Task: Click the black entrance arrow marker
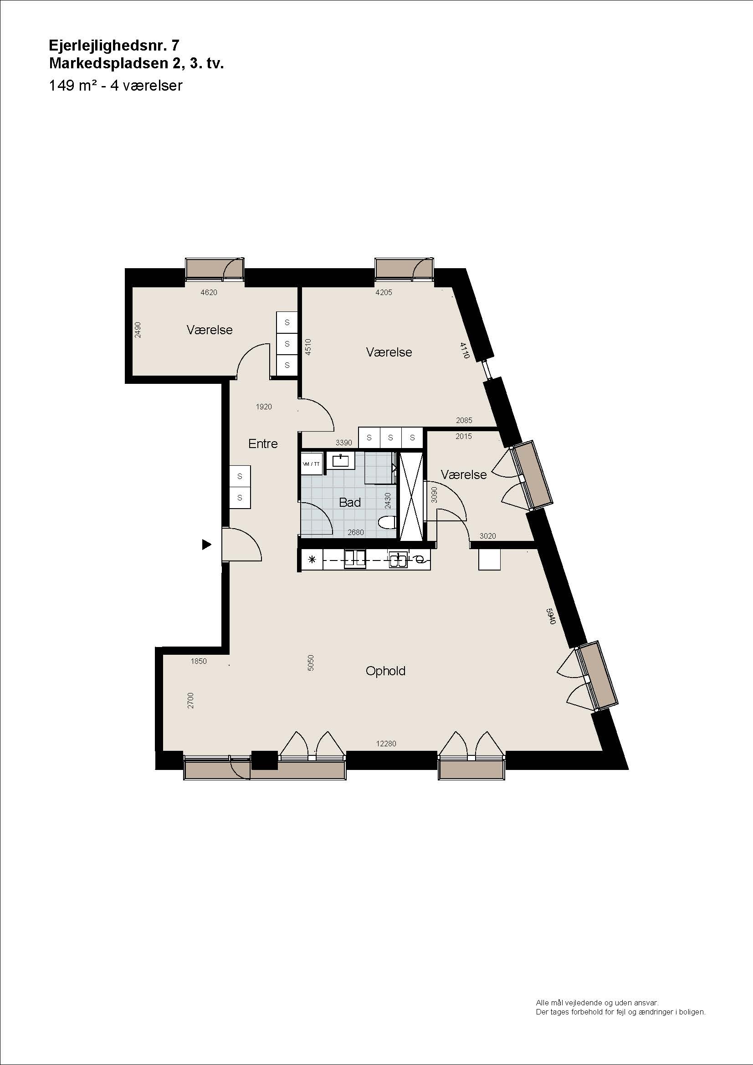(206, 545)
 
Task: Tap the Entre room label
(263, 444)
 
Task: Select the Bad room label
(350, 502)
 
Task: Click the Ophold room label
(385, 671)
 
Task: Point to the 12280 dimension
(386, 744)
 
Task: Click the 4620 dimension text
(209, 292)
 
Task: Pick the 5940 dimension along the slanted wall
(551, 616)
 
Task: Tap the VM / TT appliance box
(311, 464)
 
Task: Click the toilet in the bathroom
(386, 523)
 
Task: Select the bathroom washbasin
(342, 461)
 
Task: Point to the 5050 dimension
(311, 663)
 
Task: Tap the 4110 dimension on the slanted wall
(466, 350)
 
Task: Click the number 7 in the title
(174, 45)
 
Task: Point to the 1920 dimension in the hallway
(263, 407)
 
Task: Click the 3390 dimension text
(344, 443)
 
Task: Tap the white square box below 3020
(490, 559)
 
